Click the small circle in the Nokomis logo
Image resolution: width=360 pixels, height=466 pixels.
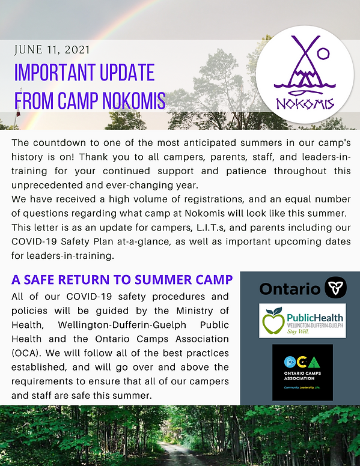pyautogui.click(x=323, y=53)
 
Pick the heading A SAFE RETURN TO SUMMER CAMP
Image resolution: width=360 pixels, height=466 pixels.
pyautogui.click(x=122, y=279)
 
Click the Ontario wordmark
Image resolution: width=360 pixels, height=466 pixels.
pyautogui.click(x=289, y=288)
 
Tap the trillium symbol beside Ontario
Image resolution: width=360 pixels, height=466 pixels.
pyautogui.click(x=336, y=288)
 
